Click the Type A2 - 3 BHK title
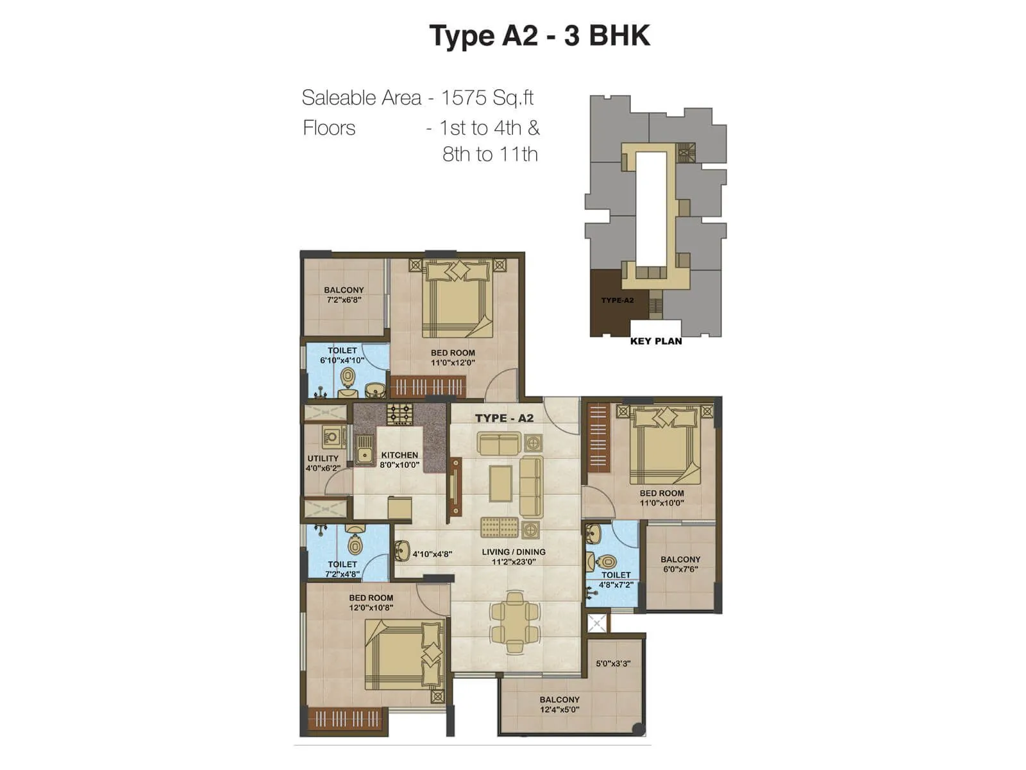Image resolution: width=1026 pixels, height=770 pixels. coord(539,36)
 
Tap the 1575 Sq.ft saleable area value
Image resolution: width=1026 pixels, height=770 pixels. coord(487,98)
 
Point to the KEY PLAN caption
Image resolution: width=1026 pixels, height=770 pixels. coord(655,341)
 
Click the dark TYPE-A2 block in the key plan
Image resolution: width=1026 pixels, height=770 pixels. coord(609,302)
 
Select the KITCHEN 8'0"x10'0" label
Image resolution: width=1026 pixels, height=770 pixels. coord(399,459)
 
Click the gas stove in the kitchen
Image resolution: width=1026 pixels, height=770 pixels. coord(399,413)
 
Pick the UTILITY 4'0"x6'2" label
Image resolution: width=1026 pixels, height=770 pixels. coord(323,463)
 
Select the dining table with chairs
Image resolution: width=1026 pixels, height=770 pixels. coord(514,617)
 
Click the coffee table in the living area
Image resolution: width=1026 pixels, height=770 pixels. coord(501,483)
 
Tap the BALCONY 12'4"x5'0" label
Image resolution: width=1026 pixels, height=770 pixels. coord(559,704)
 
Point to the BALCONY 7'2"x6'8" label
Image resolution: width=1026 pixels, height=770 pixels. coord(344,295)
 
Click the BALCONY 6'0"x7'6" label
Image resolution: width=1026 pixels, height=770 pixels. coord(680,564)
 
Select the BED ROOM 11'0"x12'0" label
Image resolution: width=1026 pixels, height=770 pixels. coord(453,357)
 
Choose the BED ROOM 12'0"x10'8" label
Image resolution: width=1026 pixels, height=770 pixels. coord(371,602)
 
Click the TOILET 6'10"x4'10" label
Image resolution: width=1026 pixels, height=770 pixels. coord(342,355)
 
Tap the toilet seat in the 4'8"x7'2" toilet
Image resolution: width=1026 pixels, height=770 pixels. coord(606,563)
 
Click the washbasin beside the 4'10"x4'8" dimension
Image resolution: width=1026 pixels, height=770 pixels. coord(402,550)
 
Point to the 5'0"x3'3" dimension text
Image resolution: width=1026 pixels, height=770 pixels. coord(613,663)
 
